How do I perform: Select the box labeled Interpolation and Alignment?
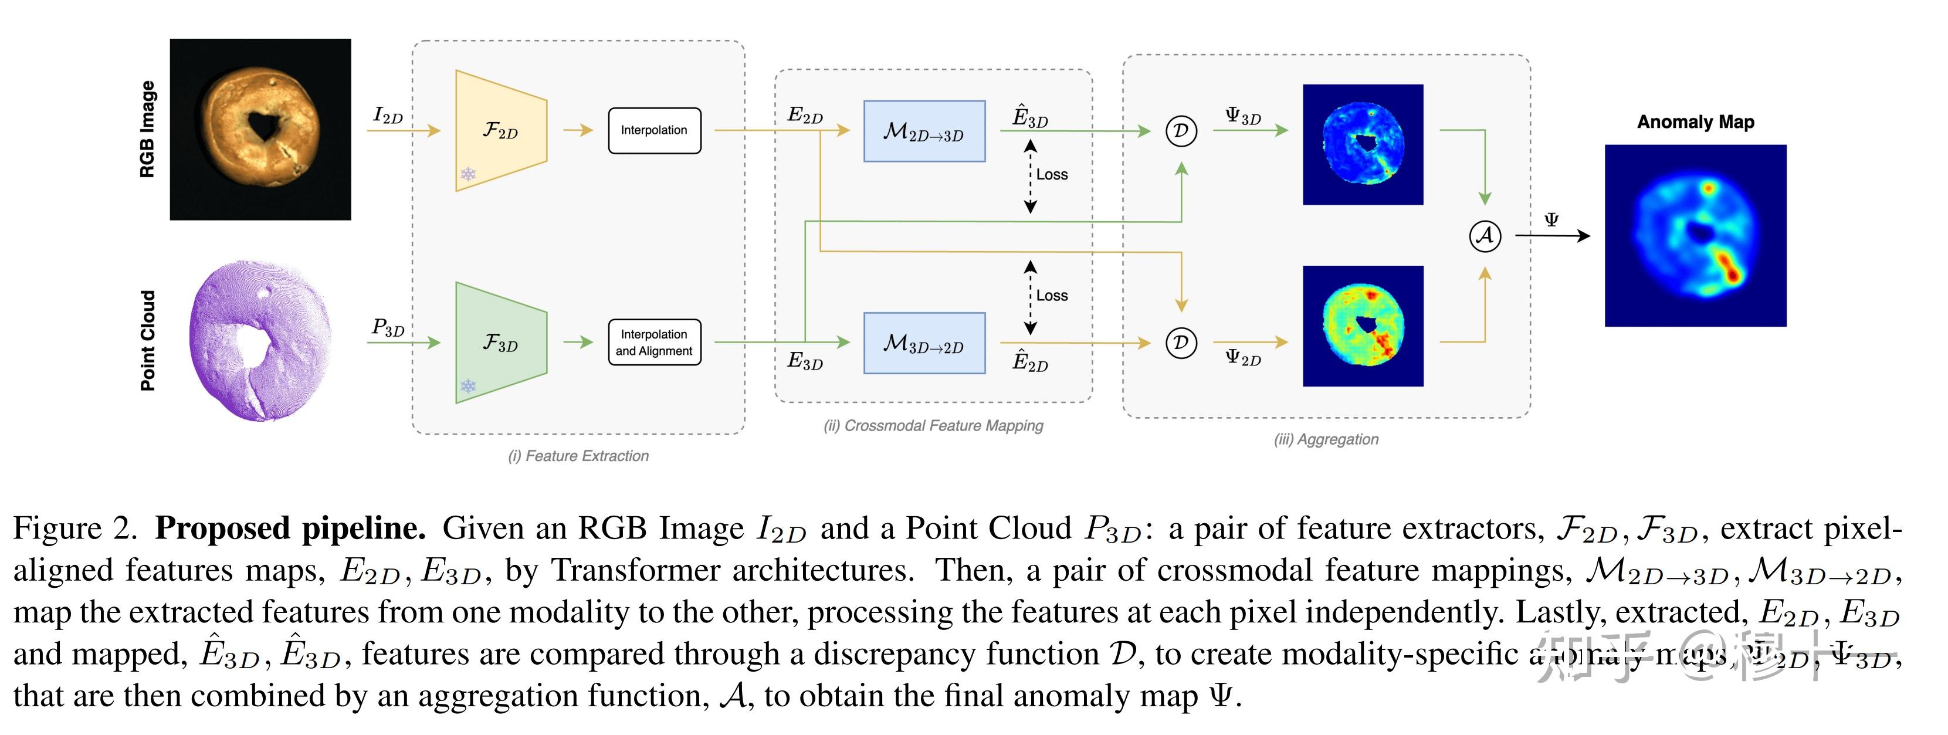coord(654,343)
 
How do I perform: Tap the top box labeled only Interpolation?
coord(654,131)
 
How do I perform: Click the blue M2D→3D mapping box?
coord(924,131)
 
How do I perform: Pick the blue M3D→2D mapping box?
coord(924,343)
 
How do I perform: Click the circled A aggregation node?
coord(1485,236)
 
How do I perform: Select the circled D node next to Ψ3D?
coord(1180,131)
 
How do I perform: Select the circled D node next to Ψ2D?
coord(1180,343)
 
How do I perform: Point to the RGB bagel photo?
coord(260,129)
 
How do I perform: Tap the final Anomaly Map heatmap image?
coord(1695,236)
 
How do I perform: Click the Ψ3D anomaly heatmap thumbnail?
coord(1363,144)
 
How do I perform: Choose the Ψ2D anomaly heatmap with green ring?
coord(1363,326)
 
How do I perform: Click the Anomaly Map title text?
coord(1695,122)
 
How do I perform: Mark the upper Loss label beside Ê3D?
coord(1052,175)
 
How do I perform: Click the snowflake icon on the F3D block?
coord(468,387)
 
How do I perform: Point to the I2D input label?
coord(388,116)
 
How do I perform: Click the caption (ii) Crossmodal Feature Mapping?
coord(933,426)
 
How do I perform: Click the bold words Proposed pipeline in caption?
coord(290,529)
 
